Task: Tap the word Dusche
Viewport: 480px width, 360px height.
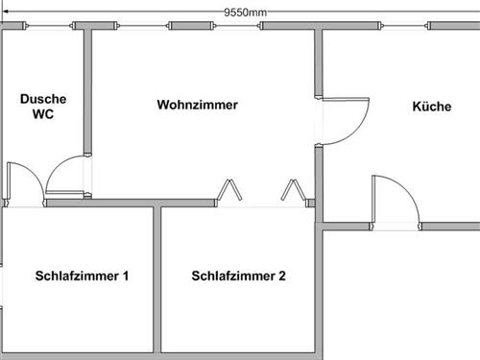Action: coord(42,99)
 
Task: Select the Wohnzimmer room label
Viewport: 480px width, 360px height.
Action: coord(197,105)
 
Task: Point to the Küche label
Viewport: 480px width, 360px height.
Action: coord(431,107)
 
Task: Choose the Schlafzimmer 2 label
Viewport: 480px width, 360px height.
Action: coord(238,276)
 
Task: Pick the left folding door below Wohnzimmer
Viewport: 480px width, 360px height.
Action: coord(229,191)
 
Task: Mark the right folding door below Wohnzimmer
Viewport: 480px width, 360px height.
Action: coord(292,191)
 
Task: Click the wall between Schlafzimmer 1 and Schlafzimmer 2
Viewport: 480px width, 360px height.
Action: coord(156,278)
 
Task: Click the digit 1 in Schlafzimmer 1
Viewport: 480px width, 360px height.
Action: coord(126,276)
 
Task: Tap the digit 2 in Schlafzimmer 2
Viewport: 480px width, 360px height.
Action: coord(282,276)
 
